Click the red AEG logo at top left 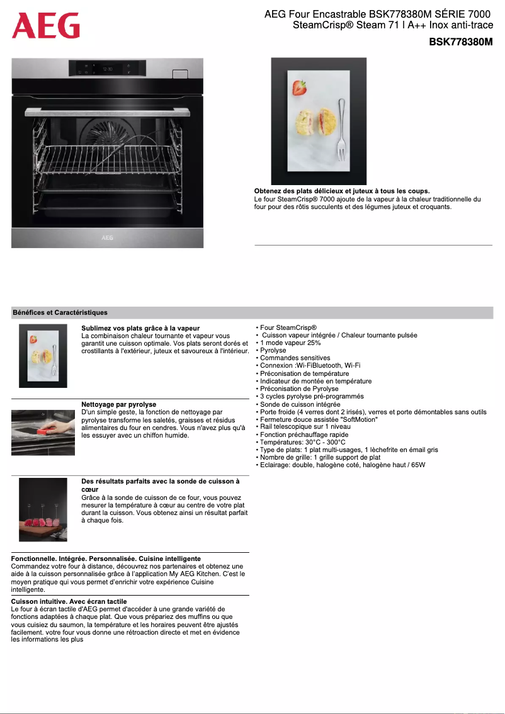click(x=46, y=26)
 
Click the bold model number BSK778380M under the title click(x=460, y=42)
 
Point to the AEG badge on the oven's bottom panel click(x=108, y=239)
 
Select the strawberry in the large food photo click(x=299, y=87)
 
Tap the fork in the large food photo click(x=341, y=129)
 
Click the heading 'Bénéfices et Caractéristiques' click(x=60, y=312)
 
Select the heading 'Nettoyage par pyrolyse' click(x=119, y=404)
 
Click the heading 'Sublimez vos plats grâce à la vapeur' click(x=140, y=328)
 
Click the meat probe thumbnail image click(x=43, y=509)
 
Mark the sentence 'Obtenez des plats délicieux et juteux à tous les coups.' click(x=342, y=191)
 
